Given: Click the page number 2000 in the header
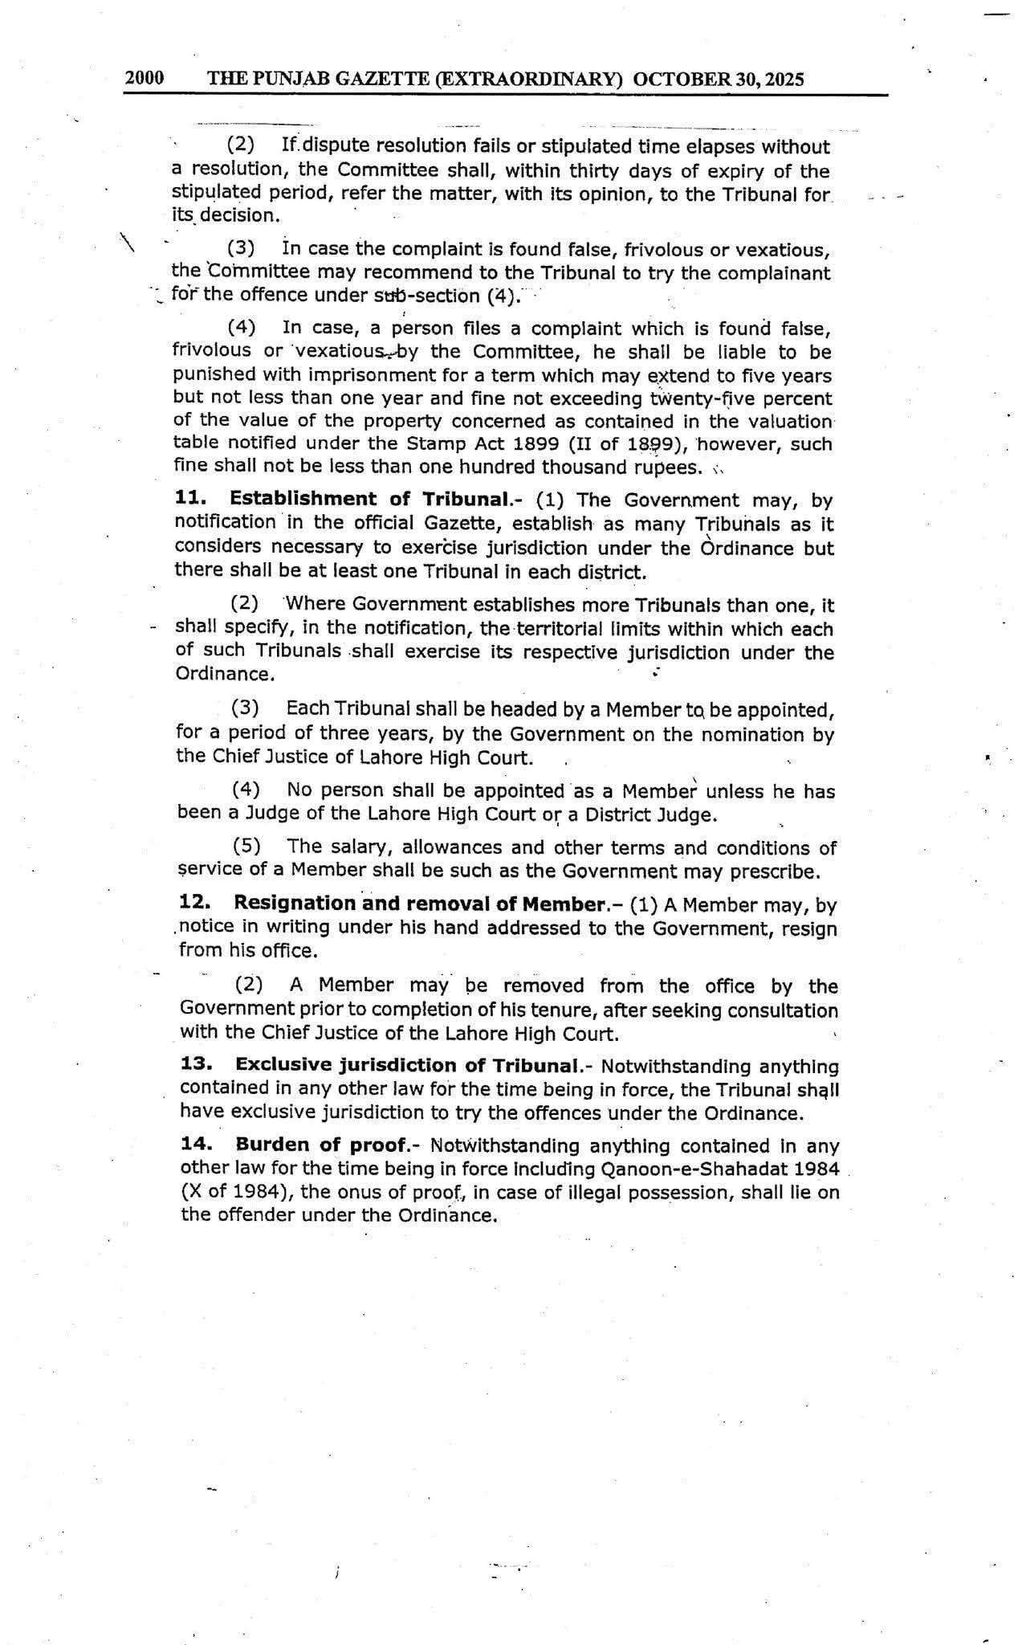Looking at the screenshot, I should tap(145, 78).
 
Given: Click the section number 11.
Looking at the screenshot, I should tap(189, 499).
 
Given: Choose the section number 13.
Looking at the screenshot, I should tap(196, 1065).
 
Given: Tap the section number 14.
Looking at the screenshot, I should tap(197, 1145).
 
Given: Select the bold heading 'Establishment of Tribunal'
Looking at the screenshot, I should tap(369, 499).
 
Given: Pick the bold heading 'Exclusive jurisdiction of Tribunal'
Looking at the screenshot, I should tap(407, 1065).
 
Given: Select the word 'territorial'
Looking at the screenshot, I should tap(576, 629).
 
